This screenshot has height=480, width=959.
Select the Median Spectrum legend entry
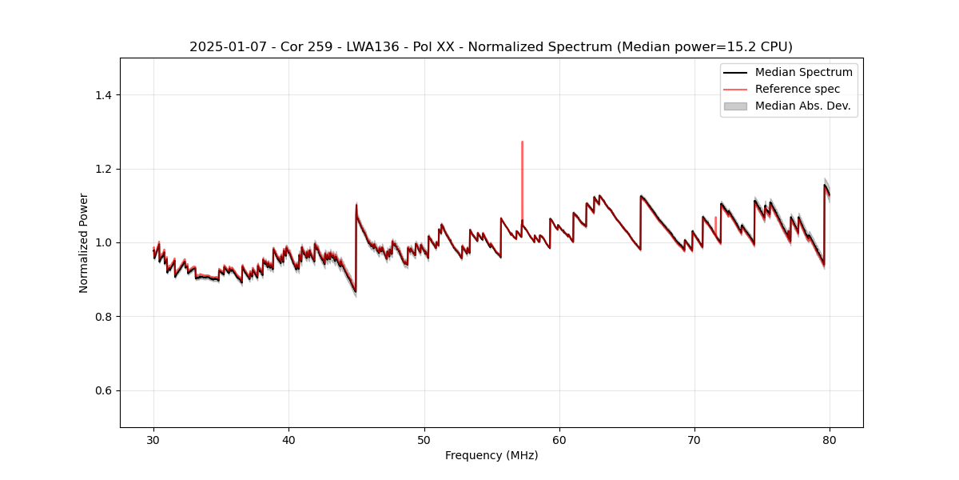[x=803, y=72]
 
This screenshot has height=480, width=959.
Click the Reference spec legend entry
[x=797, y=89]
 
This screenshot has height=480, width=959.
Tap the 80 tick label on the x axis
[x=830, y=439]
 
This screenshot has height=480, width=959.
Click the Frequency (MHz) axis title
[x=491, y=455]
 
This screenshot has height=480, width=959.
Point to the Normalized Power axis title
[x=84, y=242]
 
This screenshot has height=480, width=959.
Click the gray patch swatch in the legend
[x=735, y=106]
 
